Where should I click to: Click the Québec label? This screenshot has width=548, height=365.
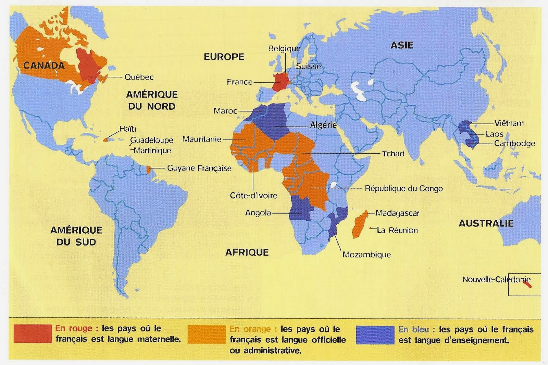click(x=139, y=77)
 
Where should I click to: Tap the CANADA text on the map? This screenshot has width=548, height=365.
click(x=44, y=66)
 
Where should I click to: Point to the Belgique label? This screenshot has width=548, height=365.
click(x=284, y=49)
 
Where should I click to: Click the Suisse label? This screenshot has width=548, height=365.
click(x=308, y=66)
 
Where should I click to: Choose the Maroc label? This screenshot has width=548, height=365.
click(x=225, y=111)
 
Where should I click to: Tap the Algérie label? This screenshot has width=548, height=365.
click(x=323, y=125)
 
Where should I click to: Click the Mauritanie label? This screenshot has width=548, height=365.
click(x=201, y=139)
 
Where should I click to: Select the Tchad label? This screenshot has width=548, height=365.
click(x=393, y=153)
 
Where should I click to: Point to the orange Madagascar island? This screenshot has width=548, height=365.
click(x=360, y=225)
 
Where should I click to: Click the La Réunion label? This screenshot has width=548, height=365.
click(x=397, y=230)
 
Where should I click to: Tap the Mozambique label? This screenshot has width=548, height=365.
click(x=366, y=255)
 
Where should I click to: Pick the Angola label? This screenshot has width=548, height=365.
click(x=258, y=213)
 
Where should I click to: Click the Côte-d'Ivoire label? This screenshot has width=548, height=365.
click(x=253, y=196)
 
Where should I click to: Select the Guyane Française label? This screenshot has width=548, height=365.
click(x=199, y=168)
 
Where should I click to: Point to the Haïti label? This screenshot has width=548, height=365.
click(x=127, y=129)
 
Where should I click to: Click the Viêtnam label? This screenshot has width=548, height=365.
click(x=509, y=123)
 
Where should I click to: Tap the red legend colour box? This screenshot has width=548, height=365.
click(x=33, y=334)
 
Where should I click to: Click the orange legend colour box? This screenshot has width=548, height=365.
click(x=207, y=334)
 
